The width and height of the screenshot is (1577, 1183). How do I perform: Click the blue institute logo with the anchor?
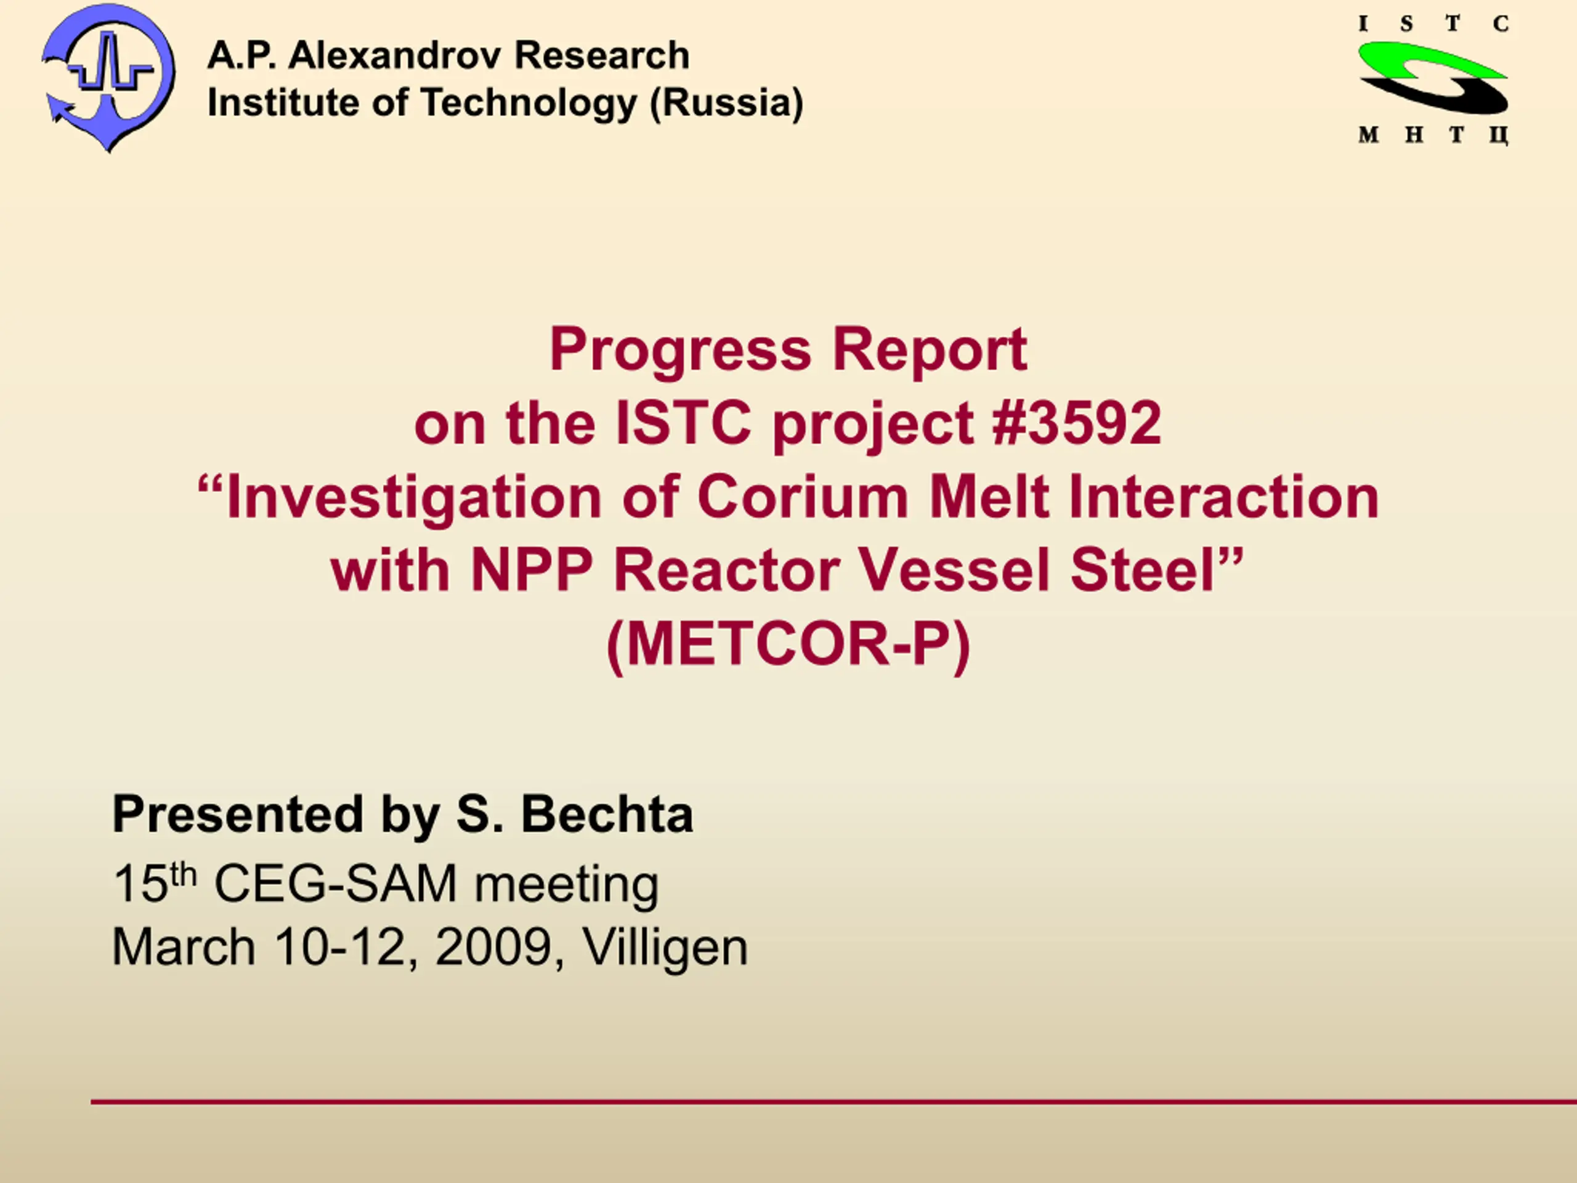click(x=108, y=77)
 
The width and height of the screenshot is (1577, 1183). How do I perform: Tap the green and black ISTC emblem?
click(x=1433, y=78)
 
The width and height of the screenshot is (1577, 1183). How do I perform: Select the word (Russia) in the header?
click(x=726, y=103)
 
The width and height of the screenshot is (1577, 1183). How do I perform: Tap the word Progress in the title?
click(x=681, y=350)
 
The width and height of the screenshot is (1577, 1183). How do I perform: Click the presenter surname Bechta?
click(x=607, y=814)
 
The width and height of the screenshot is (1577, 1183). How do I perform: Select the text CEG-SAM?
click(x=336, y=884)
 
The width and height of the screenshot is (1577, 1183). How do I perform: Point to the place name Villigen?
click(x=665, y=948)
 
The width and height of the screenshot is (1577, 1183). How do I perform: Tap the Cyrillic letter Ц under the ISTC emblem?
click(x=1499, y=136)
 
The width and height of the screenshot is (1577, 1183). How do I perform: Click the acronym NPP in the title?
click(x=532, y=570)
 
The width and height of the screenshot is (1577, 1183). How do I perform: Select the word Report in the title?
click(x=930, y=350)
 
